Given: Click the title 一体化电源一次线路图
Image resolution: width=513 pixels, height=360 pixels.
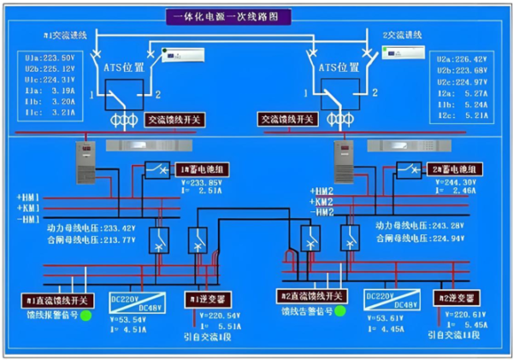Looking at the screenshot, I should (x=232, y=16).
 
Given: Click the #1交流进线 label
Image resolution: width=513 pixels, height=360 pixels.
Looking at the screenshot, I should (x=66, y=36).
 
